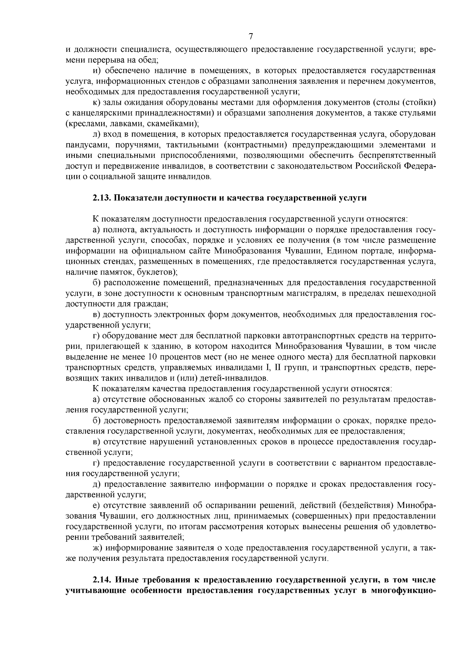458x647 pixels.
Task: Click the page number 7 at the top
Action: [x=250, y=37]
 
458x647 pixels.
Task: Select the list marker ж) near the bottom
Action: [x=98, y=548]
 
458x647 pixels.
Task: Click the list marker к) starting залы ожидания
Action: [x=97, y=103]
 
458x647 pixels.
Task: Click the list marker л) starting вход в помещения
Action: [x=97, y=134]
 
